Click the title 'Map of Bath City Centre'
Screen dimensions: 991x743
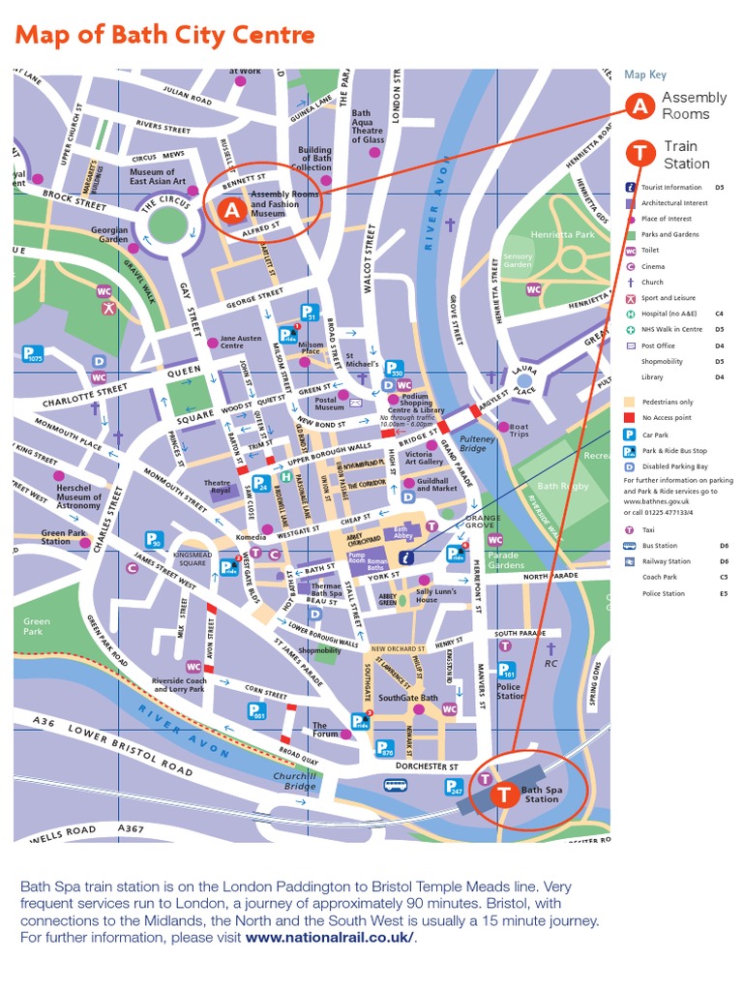(165, 36)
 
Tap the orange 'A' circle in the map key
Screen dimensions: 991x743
(639, 106)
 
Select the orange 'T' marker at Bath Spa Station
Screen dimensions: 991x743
(504, 795)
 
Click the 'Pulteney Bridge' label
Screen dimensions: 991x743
(478, 444)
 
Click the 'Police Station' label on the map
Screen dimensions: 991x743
(510, 691)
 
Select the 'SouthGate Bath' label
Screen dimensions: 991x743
(407, 698)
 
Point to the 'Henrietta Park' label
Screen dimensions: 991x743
(563, 234)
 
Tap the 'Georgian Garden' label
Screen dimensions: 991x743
(109, 235)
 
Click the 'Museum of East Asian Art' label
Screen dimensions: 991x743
(152, 177)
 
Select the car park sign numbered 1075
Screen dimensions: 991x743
(34, 354)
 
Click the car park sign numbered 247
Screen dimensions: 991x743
(455, 788)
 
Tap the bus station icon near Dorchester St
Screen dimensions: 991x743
(395, 785)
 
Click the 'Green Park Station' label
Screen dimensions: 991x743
(63, 537)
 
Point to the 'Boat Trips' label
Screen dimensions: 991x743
(520, 431)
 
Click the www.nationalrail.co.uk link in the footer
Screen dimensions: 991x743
(330, 938)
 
